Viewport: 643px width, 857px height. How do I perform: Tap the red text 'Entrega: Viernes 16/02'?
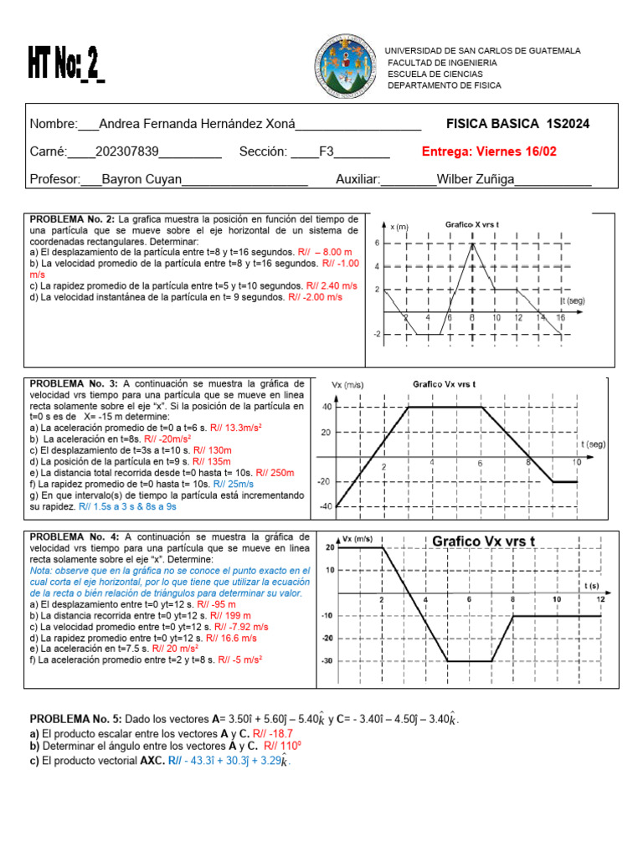[x=490, y=151]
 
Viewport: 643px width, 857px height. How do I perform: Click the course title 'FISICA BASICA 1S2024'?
[x=517, y=124]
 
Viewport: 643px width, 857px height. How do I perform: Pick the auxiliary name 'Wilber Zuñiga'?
[x=475, y=179]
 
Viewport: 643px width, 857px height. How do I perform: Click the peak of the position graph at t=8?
[x=472, y=244]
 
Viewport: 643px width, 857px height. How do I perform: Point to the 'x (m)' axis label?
[x=399, y=227]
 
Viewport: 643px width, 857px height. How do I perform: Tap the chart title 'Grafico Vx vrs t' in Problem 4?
[x=485, y=541]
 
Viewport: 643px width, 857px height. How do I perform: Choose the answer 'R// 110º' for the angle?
[x=282, y=746]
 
